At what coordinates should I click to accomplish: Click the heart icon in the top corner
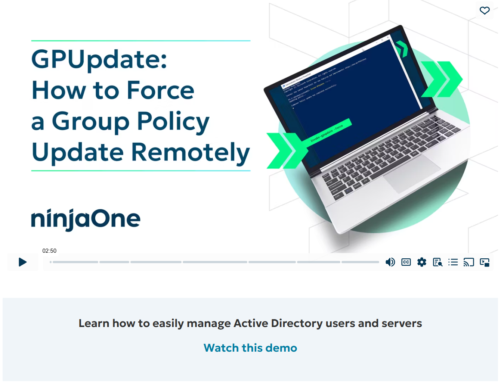[x=485, y=10]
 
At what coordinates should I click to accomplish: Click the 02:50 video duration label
[x=49, y=251]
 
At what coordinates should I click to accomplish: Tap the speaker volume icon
[x=390, y=262]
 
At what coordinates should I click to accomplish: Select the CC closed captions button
[x=406, y=262]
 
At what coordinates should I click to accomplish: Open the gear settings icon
[x=422, y=262]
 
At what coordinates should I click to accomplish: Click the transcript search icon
[x=437, y=262]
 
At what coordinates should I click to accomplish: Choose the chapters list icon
[x=453, y=262]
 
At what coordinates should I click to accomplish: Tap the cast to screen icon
[x=468, y=262]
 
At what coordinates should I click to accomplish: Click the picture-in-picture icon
[x=485, y=262]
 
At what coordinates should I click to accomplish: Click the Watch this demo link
[x=250, y=348]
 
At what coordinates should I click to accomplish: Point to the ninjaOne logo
[x=86, y=219]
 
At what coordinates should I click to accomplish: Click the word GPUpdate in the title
[x=99, y=60]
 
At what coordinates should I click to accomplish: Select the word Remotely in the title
[x=191, y=152]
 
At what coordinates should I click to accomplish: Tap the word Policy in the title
[x=173, y=122]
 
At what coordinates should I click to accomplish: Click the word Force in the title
[x=161, y=90]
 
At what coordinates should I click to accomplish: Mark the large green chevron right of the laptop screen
[x=442, y=79]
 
